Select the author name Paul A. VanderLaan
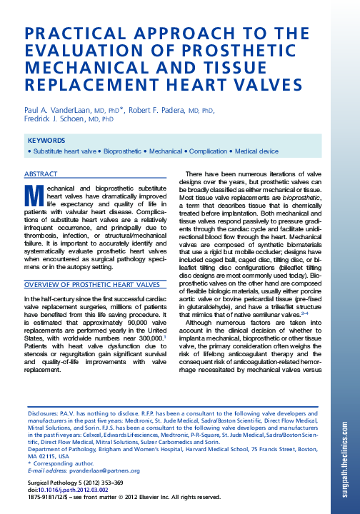coord(57,111)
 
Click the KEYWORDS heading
coord(46,141)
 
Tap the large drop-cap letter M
coord(33,196)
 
